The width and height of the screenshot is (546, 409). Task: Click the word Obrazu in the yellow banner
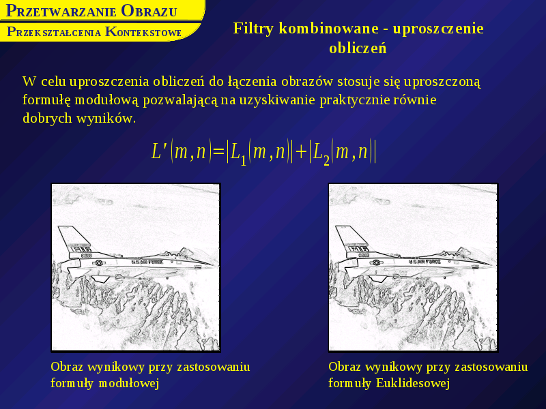point(149,11)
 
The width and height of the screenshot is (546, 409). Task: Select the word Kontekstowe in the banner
point(143,32)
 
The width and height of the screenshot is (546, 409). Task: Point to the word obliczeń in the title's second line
point(358,48)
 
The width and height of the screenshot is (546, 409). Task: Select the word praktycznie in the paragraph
point(355,100)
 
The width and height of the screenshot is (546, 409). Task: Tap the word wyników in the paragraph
point(104,119)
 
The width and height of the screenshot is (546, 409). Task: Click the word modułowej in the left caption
point(129,383)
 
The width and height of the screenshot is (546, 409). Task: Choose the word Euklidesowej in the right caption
point(413,383)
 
